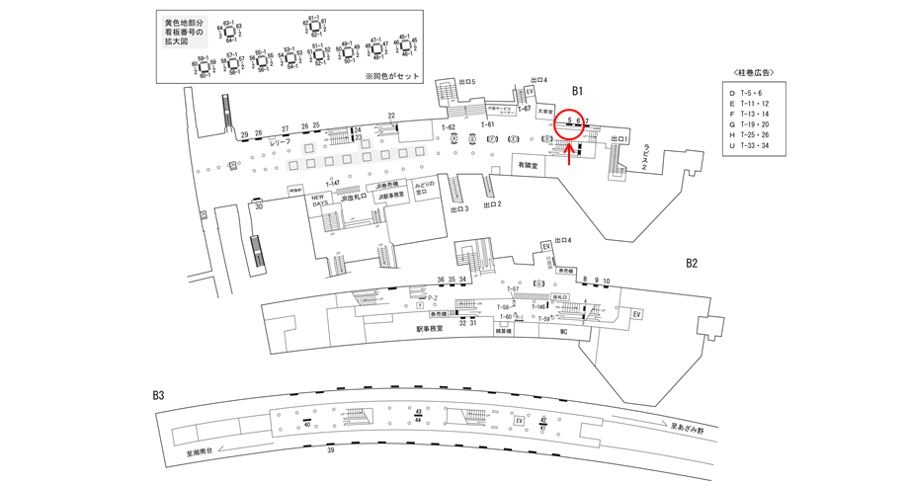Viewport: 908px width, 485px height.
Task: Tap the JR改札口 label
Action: pyautogui.click(x=353, y=198)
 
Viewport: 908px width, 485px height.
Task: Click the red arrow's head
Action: pyautogui.click(x=570, y=146)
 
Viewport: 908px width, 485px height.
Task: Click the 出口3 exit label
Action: pyautogui.click(x=457, y=209)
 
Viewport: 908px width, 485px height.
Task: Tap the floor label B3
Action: pyautogui.click(x=158, y=397)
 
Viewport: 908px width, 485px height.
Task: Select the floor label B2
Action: pyautogui.click(x=692, y=264)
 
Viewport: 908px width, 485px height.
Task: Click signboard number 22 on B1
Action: pyautogui.click(x=392, y=116)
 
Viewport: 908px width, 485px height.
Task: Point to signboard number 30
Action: pyautogui.click(x=259, y=207)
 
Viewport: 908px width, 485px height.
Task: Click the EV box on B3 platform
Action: pyautogui.click(x=518, y=420)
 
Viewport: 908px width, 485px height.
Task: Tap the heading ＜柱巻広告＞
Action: pyautogui.click(x=755, y=72)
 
